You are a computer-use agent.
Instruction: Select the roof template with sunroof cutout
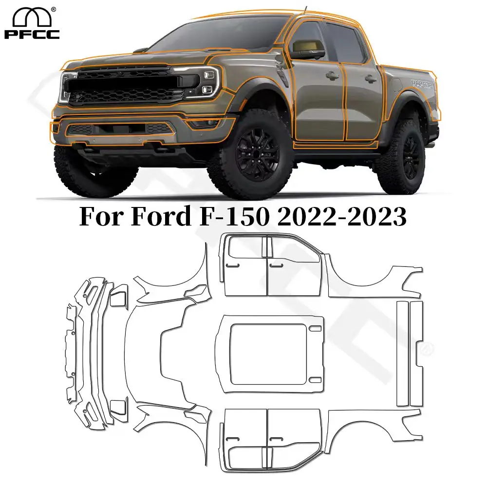pos(270,353)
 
